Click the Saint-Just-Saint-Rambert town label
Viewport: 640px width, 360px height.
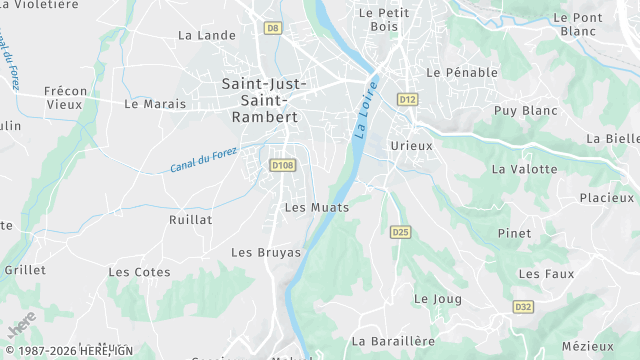point(258,101)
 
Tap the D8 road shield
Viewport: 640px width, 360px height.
point(273,28)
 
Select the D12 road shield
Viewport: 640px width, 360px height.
point(407,99)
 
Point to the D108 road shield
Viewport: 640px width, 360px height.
point(283,164)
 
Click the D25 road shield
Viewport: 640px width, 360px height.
point(400,232)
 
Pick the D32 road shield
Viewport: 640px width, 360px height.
point(522,306)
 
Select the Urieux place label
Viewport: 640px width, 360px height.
point(411,145)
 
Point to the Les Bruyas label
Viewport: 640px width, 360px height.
point(266,252)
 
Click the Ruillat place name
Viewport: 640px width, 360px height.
point(190,218)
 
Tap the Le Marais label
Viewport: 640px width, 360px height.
point(155,103)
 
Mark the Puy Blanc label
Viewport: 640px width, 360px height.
point(525,110)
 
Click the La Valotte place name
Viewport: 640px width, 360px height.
point(524,169)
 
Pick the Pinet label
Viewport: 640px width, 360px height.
point(514,233)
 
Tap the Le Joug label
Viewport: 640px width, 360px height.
point(435,298)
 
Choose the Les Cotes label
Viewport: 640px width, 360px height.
point(139,271)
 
